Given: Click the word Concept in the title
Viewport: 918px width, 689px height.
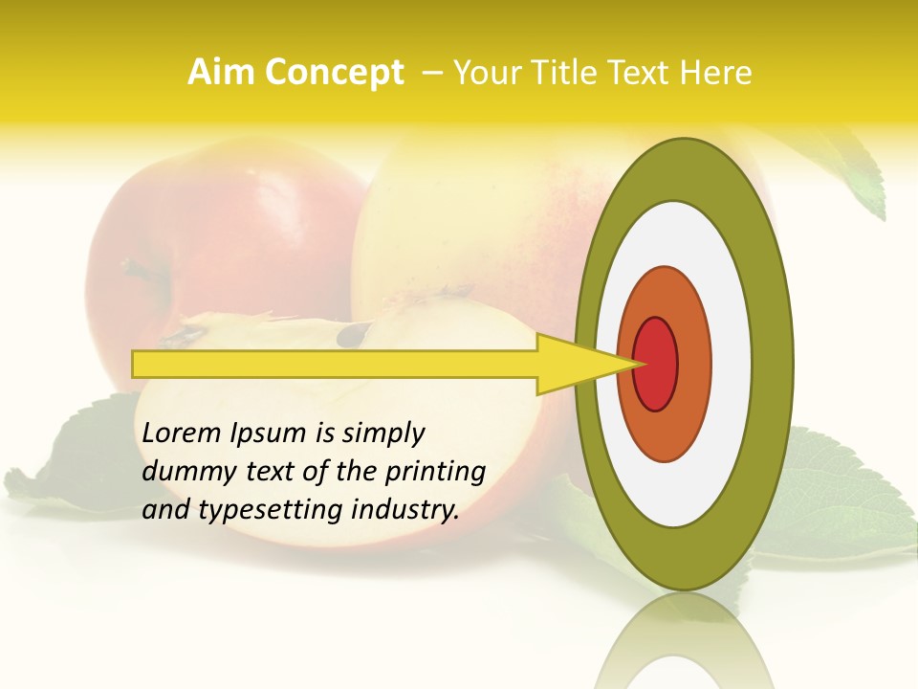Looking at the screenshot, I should (x=334, y=73).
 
